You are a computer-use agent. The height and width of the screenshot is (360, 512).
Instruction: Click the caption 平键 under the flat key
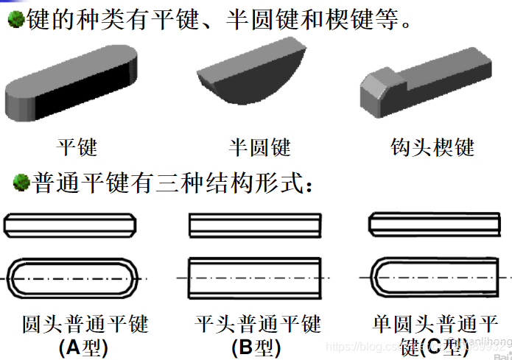(x=77, y=146)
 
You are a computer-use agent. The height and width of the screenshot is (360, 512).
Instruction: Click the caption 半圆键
(x=259, y=147)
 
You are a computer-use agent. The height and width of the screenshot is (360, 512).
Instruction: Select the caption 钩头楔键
(x=432, y=147)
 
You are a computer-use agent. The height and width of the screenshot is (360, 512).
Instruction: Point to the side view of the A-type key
(x=70, y=224)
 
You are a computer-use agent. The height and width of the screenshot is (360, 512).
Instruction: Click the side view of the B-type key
(x=254, y=224)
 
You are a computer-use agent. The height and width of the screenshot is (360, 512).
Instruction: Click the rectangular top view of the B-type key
(x=254, y=278)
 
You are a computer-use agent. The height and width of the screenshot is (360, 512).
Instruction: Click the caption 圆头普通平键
(x=85, y=323)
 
